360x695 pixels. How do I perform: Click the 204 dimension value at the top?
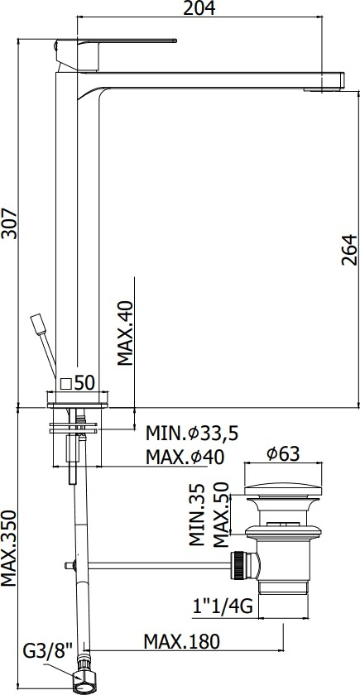[199, 8]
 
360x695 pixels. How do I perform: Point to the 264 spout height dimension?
[349, 250]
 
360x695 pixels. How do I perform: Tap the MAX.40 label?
[125, 333]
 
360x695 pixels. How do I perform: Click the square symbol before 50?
[66, 383]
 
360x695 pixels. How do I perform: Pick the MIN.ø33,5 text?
[192, 433]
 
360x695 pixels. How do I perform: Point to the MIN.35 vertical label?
[196, 514]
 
